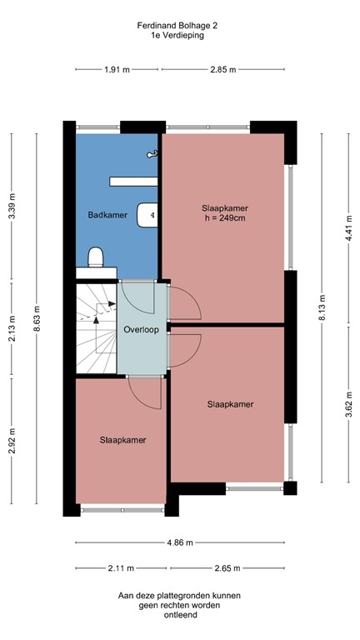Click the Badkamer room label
pyautogui.click(x=107, y=215)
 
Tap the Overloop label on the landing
pyautogui.click(x=141, y=329)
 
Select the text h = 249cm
pyautogui.click(x=225, y=218)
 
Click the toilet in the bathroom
pyautogui.click(x=96, y=257)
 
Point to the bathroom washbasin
pyautogui.click(x=147, y=215)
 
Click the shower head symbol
pyautogui.click(x=152, y=154)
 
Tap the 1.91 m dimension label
pyautogui.click(x=117, y=69)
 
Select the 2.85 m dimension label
pyautogui.click(x=223, y=69)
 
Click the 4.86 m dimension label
pyautogui.click(x=180, y=542)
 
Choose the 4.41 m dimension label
pyautogui.click(x=348, y=227)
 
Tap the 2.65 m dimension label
pyautogui.click(x=227, y=567)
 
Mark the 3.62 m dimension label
pyautogui.click(x=348, y=404)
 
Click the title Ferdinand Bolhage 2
pyautogui.click(x=177, y=26)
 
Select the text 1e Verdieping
pyautogui.click(x=177, y=35)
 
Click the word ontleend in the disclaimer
pyautogui.click(x=180, y=615)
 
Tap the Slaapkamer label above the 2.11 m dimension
pyautogui.click(x=122, y=440)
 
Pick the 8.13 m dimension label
pyautogui.click(x=322, y=307)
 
